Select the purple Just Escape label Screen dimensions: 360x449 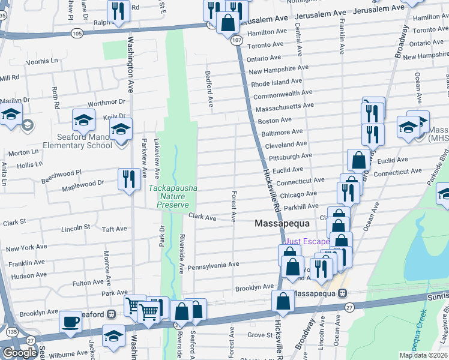[307, 242]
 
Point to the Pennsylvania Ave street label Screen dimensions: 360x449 [213, 265]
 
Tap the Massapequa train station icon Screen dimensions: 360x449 [343, 293]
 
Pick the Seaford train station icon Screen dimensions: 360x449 [111, 314]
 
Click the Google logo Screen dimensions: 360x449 [20, 352]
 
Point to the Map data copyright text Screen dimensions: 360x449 [423, 355]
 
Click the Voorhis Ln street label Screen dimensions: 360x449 [42, 61]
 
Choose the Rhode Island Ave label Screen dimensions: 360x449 [276, 82]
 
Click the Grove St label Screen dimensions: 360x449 [260, 335]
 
